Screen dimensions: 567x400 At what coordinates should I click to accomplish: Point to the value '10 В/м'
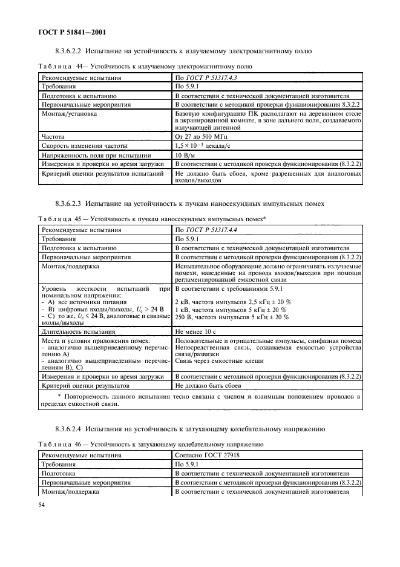click(x=185, y=155)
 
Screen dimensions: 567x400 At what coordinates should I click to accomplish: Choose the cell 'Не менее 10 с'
click(x=195, y=331)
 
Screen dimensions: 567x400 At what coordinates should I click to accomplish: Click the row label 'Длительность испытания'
click(x=77, y=331)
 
